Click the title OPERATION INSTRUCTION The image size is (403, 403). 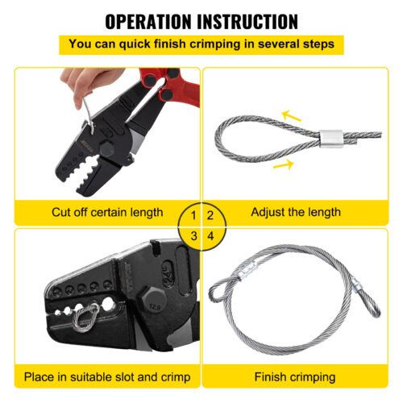[x=201, y=21]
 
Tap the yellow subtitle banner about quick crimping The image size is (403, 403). [x=201, y=44]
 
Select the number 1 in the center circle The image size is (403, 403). [x=193, y=215]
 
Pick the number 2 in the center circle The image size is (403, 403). [x=210, y=215]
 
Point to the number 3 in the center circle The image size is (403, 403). [x=193, y=235]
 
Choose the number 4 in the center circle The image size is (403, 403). [x=210, y=235]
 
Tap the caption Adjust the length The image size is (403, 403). [x=296, y=213]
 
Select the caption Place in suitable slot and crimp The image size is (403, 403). [x=106, y=376]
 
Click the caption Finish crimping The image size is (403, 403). [x=295, y=376]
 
